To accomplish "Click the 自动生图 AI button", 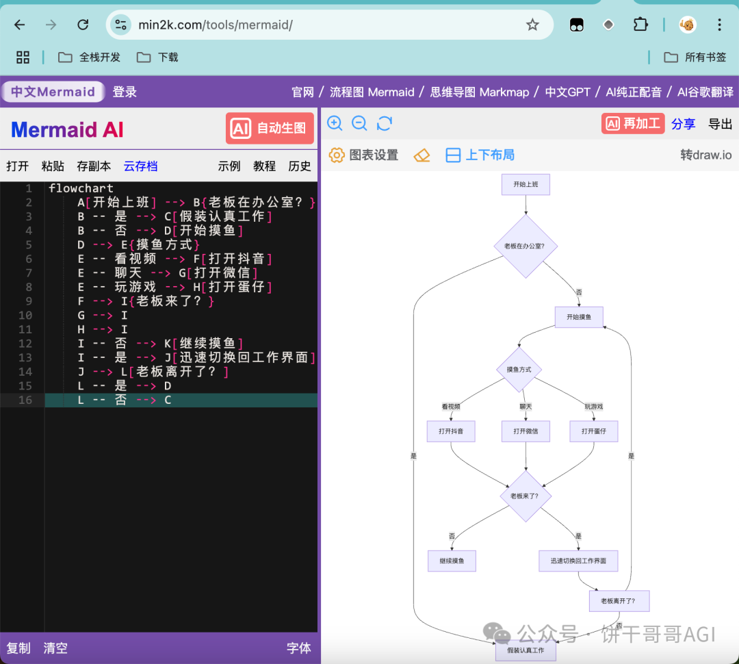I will coord(270,129).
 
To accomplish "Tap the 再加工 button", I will coord(632,123).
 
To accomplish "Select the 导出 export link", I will coord(720,124).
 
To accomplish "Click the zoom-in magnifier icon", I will coord(335,123).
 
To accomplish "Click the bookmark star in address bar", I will coord(532,25).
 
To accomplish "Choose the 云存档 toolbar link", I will coord(140,166).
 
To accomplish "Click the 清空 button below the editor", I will coord(55,648).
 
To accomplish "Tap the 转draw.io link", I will coord(705,155).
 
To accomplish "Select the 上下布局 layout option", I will coord(480,155).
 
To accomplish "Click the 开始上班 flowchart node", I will coord(526,184).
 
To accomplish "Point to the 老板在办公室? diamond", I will coord(525,246).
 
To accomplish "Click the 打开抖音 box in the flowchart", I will coord(451,431).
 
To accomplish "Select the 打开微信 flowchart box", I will coord(526,431).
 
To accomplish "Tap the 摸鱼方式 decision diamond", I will coord(519,370).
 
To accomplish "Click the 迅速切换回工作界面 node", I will coord(578,561).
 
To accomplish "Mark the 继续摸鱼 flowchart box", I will coord(452,561).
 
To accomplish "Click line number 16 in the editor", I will coord(25,400).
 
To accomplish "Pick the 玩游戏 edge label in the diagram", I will coord(593,407).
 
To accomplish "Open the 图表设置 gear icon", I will coord(337,155).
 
